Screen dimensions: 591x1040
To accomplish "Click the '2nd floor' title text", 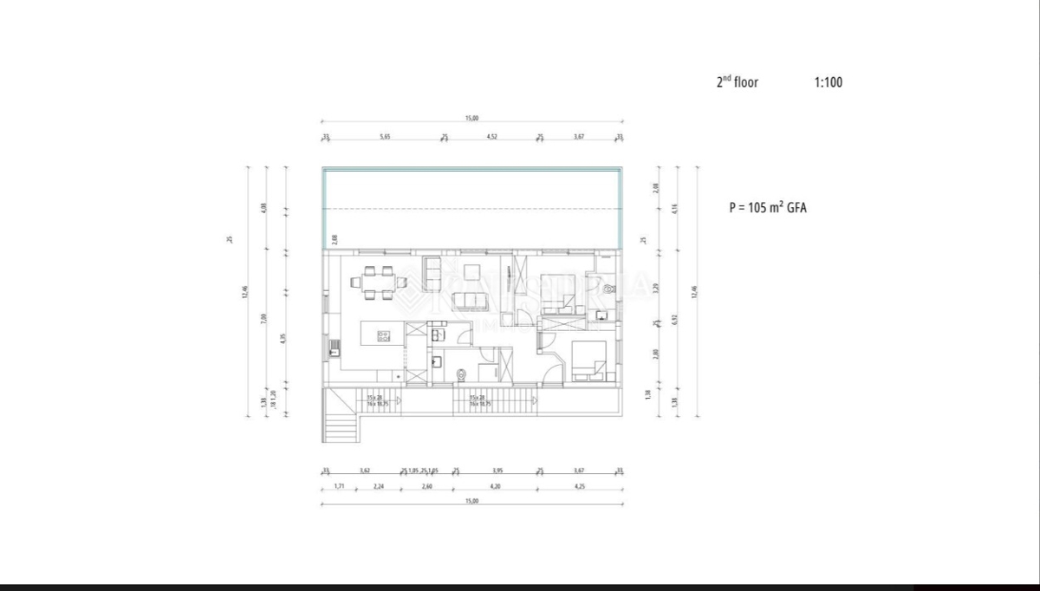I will pyautogui.click(x=737, y=82).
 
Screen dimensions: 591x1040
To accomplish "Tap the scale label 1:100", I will pyautogui.click(x=828, y=82).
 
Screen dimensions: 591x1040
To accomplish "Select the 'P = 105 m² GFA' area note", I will pyautogui.click(x=767, y=208).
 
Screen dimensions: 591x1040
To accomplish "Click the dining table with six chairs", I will pyautogui.click(x=379, y=282).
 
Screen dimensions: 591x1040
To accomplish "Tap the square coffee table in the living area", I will pyautogui.click(x=472, y=272).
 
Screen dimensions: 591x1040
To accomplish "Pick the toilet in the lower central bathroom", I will pyautogui.click(x=462, y=374).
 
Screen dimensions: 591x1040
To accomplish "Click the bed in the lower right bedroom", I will pyautogui.click(x=589, y=359).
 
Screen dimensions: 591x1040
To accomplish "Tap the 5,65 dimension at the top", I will pyautogui.click(x=385, y=136).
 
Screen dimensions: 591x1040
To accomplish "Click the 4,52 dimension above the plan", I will pyautogui.click(x=491, y=136).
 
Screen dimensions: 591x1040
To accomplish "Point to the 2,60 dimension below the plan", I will pyautogui.click(x=427, y=487).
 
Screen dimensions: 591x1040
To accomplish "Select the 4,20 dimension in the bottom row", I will pyautogui.click(x=495, y=487).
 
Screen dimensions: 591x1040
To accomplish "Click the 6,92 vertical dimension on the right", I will pyautogui.click(x=675, y=320).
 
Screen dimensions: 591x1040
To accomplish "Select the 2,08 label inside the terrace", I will pyautogui.click(x=332, y=238).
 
